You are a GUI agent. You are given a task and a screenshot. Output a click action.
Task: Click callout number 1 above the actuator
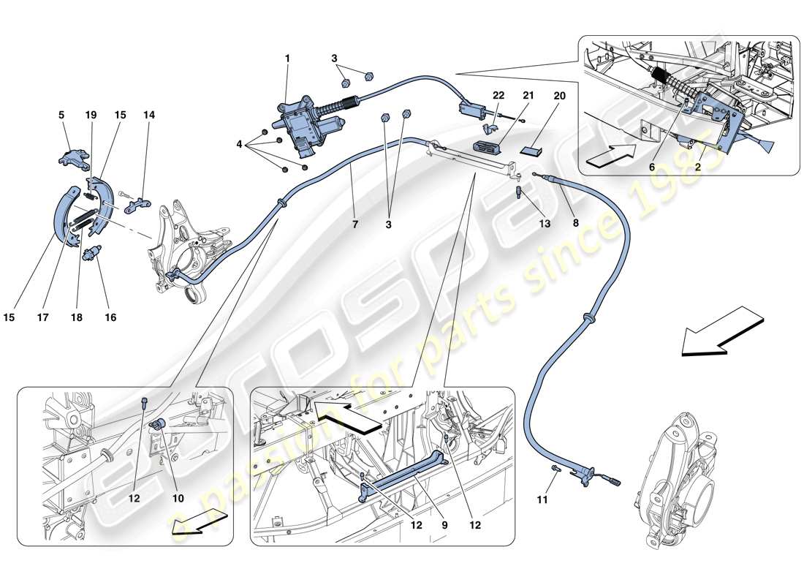(x=287, y=57)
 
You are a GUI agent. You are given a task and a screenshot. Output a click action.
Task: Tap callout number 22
(x=498, y=96)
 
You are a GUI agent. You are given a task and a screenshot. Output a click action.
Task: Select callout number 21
(x=528, y=96)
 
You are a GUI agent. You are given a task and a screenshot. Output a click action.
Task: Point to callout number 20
(x=559, y=96)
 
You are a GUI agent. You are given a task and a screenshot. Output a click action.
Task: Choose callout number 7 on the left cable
(x=355, y=224)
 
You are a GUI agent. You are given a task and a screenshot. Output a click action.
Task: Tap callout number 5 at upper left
(x=61, y=115)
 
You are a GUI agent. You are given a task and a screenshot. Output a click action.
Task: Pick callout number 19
(x=91, y=115)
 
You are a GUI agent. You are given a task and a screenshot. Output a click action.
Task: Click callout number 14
(x=149, y=115)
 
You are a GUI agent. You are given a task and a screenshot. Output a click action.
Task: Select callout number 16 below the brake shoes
(x=111, y=318)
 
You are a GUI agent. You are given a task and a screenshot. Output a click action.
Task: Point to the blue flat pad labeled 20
(x=531, y=150)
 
